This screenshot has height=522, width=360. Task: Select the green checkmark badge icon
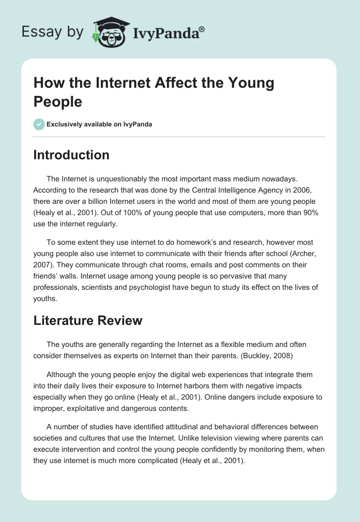pyautogui.click(x=39, y=124)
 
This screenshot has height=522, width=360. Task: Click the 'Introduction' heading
pyautogui.click(x=72, y=155)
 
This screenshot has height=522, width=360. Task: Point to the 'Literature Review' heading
pyautogui.click(x=88, y=320)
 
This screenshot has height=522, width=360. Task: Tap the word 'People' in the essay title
pyautogui.click(x=58, y=102)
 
